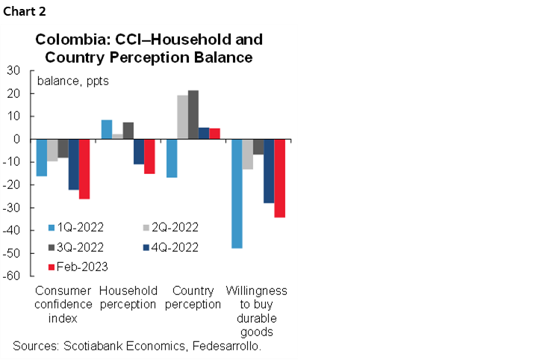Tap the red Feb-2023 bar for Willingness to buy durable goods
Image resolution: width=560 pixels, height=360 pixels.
pos(279,178)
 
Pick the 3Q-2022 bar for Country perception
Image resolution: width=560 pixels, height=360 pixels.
pos(193,114)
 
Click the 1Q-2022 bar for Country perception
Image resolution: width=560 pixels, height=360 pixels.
pos(172,158)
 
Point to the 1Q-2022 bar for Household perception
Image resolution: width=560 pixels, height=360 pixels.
pos(107,129)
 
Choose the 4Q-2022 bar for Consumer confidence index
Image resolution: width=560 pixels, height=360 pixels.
pos(74,164)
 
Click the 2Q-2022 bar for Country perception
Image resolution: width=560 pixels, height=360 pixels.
pos(182,117)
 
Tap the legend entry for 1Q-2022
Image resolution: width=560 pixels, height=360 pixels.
pos(76,228)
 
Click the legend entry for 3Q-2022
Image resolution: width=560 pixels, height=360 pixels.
pos(76,247)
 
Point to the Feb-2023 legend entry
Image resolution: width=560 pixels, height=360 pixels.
pos(77,267)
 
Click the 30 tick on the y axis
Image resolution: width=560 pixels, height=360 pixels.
pos(14,70)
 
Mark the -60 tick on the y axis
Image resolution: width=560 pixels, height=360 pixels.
pos(12,276)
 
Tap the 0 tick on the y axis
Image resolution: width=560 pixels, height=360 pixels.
pos(17,139)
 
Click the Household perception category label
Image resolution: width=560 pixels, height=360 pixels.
pos(128,297)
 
